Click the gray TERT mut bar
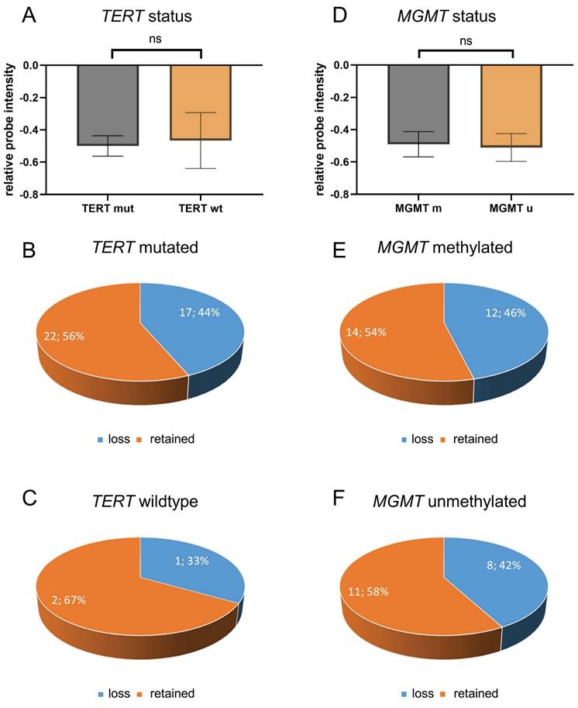(x=108, y=105)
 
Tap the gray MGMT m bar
(x=418, y=104)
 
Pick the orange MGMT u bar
(x=511, y=105)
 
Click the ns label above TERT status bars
(x=157, y=36)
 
